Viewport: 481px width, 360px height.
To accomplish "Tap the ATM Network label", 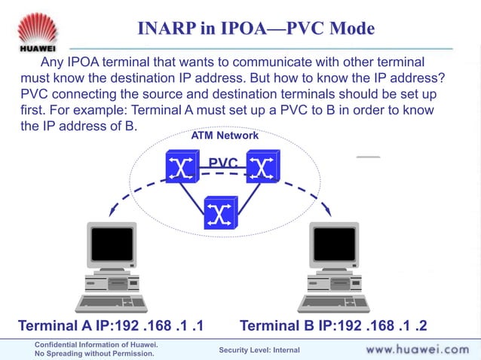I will [225, 136].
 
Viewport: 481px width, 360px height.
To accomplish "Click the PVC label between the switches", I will [223, 163].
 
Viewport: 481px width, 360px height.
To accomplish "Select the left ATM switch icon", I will [182, 166].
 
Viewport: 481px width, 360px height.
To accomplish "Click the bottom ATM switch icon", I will [221, 212].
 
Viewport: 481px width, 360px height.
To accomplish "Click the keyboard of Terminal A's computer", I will [111, 304].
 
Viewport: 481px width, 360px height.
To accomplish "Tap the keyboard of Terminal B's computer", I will [334, 304].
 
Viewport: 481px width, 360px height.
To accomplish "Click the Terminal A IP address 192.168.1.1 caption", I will [110, 326].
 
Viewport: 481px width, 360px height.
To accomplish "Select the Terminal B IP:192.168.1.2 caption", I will [333, 326].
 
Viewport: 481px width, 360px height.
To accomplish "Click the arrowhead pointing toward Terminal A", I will [112, 212].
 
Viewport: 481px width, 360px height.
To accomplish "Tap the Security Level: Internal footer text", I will [259, 350].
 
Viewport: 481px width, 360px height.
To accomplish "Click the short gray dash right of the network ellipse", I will [368, 157].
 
